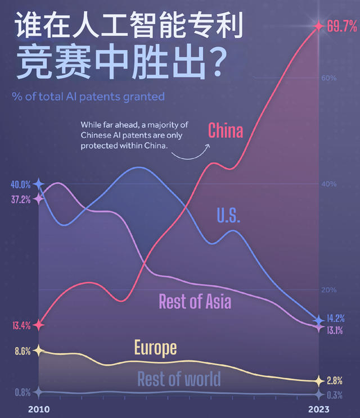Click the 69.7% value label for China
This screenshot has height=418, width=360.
342,26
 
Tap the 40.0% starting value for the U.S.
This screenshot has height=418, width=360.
20,184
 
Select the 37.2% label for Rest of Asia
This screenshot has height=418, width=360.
20,199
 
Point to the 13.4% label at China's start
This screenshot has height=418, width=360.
20,325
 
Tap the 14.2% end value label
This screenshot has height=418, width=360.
336,319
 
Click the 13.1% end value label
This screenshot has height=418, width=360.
335,330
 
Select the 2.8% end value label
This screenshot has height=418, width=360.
335,380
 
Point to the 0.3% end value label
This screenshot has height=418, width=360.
335,394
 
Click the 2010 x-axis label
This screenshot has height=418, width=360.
38,408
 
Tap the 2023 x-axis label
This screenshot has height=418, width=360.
318,408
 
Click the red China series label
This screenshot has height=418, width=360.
226,131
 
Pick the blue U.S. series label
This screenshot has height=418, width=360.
228,215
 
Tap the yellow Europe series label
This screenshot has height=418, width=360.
155,348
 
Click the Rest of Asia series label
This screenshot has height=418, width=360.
195,302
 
